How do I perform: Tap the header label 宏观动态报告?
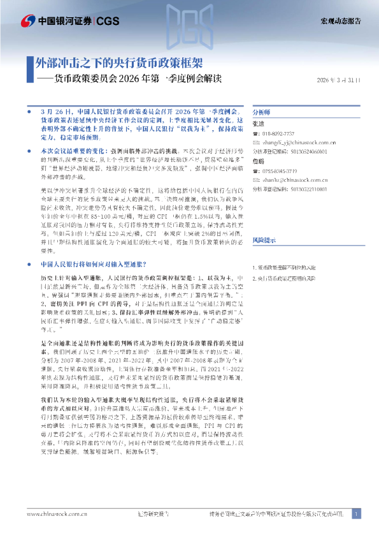[x=340, y=21]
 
